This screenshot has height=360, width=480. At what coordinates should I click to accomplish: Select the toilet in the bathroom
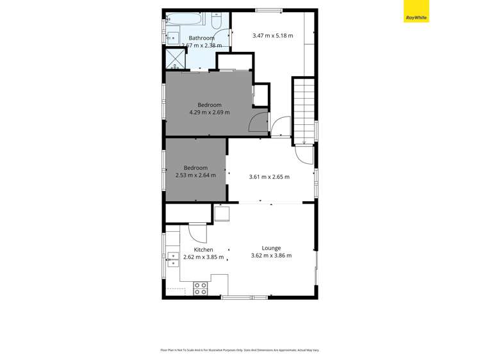click(x=217, y=22)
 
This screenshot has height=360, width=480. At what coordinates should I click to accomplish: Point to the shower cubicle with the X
click(x=175, y=59)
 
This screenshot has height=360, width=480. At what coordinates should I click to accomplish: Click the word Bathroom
click(x=201, y=38)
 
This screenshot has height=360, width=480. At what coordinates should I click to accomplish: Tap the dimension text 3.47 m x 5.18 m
click(x=272, y=35)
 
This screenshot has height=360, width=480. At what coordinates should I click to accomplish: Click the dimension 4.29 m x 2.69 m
click(x=209, y=112)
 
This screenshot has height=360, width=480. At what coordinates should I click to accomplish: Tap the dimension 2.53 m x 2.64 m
click(x=195, y=175)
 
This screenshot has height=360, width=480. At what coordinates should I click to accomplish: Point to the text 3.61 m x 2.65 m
click(x=269, y=177)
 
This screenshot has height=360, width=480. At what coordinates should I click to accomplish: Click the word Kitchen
click(x=204, y=250)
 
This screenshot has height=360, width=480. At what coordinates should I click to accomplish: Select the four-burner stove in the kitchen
click(x=201, y=288)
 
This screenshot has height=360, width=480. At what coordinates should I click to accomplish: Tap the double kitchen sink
click(x=173, y=258)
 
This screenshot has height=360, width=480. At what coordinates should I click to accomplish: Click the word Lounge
click(x=271, y=248)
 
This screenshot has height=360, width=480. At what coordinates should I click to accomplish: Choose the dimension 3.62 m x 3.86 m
click(x=271, y=256)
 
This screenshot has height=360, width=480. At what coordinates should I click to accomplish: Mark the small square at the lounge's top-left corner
click(x=222, y=213)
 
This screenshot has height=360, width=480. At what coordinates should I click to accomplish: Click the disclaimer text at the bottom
click(x=240, y=350)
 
